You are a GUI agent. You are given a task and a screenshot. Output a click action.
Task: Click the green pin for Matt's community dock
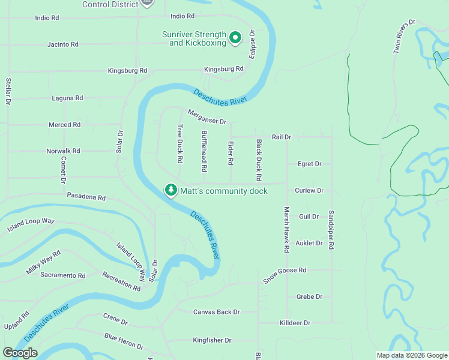(171, 190)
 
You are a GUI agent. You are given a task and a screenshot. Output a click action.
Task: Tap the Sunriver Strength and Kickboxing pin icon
(235, 38)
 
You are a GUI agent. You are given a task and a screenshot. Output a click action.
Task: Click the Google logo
(20, 353)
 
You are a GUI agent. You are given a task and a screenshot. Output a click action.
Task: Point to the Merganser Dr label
(206, 117)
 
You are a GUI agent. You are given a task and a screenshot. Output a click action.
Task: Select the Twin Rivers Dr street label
(405, 37)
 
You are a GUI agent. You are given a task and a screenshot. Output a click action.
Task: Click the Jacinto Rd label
(63, 44)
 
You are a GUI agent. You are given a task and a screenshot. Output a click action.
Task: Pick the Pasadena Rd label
(86, 197)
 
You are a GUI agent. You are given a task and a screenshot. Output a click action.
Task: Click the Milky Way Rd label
(43, 262)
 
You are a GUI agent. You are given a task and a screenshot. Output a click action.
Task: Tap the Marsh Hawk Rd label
(287, 229)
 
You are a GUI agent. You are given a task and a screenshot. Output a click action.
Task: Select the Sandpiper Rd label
(331, 230)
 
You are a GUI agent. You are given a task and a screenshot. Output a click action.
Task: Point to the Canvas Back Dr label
(216, 312)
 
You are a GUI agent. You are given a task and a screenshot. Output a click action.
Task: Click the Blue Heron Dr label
(124, 341)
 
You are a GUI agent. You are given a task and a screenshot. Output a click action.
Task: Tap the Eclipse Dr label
(253, 44)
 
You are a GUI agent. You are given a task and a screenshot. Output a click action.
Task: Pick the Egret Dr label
(310, 164)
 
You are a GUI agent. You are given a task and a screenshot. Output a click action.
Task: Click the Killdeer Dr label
(295, 323)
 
